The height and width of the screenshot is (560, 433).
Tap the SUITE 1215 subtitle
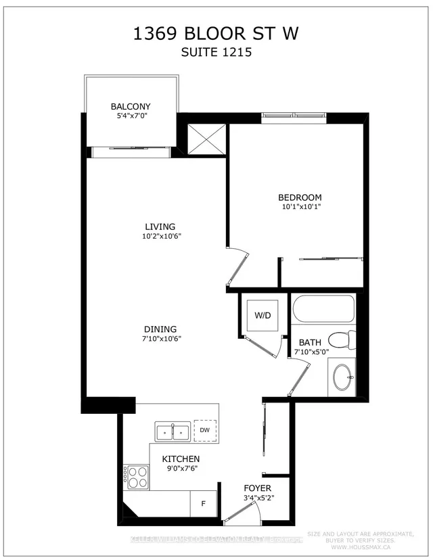[x=216, y=52]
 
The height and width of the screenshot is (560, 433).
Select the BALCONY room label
[x=131, y=106]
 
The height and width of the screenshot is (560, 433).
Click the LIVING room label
[x=160, y=227]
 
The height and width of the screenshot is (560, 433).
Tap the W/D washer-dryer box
[x=261, y=315]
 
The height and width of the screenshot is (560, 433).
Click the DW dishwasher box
[x=204, y=430]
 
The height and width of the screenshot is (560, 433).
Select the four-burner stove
[x=136, y=477]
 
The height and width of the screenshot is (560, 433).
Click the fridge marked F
[x=203, y=504]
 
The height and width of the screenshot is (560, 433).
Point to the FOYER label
[x=258, y=488]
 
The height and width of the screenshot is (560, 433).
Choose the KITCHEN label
[x=181, y=459]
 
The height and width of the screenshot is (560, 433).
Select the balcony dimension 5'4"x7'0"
[x=131, y=117]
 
